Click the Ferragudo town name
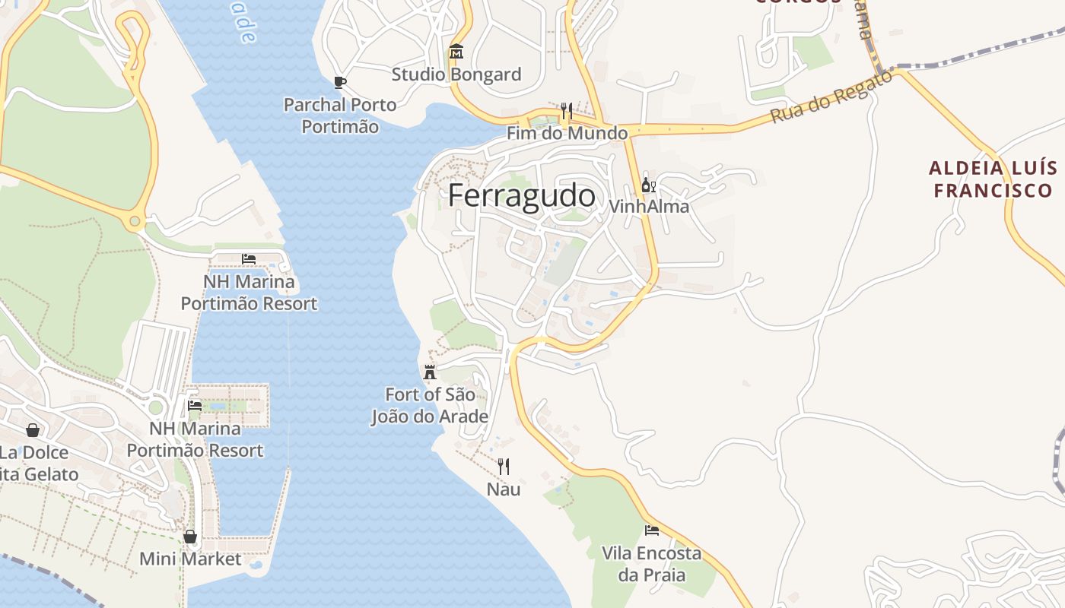pos(521,195)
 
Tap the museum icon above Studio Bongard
pos(456,52)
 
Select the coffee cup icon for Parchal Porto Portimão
pos(340,82)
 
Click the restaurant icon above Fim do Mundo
pos(566,112)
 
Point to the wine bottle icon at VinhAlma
pos(648,185)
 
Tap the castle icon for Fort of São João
pos(430,372)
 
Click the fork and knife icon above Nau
pos(504,466)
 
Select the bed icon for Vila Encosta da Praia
pos(652,530)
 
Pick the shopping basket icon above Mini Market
pos(190,537)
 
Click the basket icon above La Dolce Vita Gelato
pos(33,430)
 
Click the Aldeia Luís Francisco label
pos(993,179)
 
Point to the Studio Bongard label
pos(456,74)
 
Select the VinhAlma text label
pos(649,206)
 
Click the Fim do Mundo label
pos(567,133)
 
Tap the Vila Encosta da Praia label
pos(652,563)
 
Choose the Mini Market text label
pos(190,559)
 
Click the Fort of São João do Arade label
pos(430,405)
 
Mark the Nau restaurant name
pos(504,489)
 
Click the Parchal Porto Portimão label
pos(340,116)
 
